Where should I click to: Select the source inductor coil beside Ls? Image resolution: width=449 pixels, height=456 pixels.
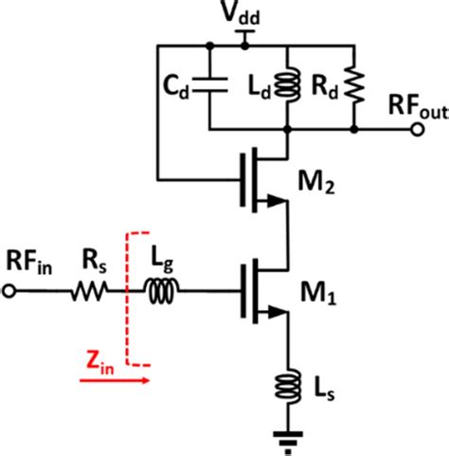(x=286, y=386)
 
